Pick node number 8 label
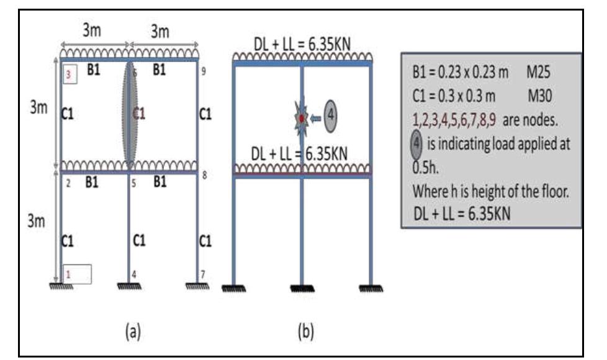tap(204, 176)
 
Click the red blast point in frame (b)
tap(302, 118)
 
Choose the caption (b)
tap(305, 331)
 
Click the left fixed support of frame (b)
tap(234, 288)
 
